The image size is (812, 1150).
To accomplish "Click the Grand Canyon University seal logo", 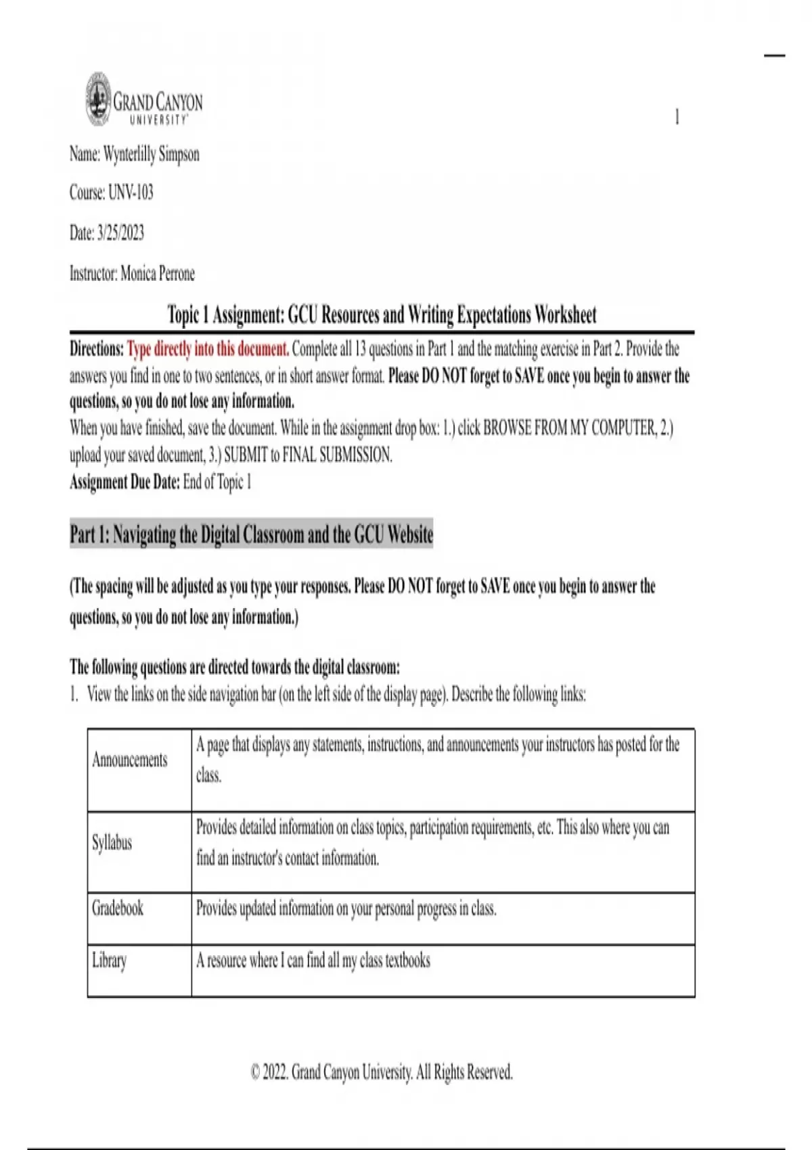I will (98, 99).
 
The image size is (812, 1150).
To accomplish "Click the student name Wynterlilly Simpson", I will (151, 154).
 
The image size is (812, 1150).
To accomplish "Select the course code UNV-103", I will (131, 193).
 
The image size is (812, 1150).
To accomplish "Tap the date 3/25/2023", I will (120, 233).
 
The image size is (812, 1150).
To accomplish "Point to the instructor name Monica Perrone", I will (157, 274).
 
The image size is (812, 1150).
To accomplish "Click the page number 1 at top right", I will (677, 117).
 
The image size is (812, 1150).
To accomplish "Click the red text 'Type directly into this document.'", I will (208, 350).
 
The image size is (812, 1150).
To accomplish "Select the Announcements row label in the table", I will (129, 760).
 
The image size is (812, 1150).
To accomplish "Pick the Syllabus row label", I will (112, 843).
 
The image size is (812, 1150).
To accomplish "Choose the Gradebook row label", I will (118, 908).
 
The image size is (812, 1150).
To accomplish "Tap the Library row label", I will (109, 961).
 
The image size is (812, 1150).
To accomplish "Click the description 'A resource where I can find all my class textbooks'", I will (313, 961).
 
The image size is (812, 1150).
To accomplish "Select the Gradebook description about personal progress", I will (346, 908).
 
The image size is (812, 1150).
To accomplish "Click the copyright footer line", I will (382, 1072).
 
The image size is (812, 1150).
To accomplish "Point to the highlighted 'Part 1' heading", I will (251, 535).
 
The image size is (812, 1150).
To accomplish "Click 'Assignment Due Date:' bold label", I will (125, 482).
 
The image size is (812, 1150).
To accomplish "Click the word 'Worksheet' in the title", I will (565, 315).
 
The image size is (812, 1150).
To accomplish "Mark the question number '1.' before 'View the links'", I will (74, 695).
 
